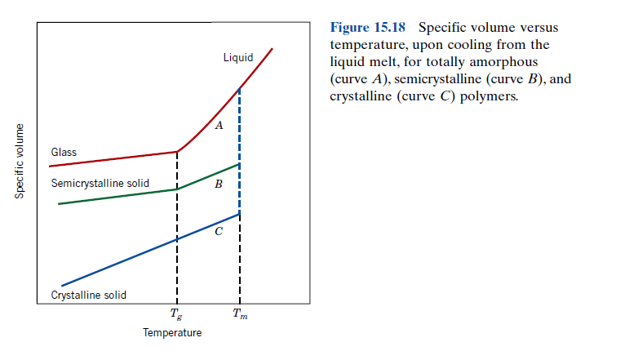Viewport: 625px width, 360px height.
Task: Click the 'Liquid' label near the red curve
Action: [x=237, y=58]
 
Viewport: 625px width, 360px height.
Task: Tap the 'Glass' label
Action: [x=64, y=153]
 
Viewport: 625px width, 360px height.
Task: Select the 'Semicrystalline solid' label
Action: [x=100, y=184]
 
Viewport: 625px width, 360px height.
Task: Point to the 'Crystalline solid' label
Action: [x=88, y=295]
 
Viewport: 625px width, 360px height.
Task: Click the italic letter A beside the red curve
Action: [x=218, y=126]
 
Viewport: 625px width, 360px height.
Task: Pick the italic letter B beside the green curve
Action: [x=217, y=184]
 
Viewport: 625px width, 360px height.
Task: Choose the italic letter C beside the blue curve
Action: [x=217, y=232]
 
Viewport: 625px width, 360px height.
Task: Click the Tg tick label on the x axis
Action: [x=176, y=314]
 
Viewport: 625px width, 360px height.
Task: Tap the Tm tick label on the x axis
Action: [x=240, y=314]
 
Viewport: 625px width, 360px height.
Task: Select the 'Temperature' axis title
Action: [x=172, y=333]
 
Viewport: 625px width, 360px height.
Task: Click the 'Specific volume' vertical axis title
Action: [x=19, y=159]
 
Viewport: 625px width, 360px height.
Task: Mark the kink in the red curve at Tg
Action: [x=177, y=151]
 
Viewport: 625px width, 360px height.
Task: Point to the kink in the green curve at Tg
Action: [x=177, y=189]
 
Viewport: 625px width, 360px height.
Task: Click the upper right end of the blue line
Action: [x=239, y=214]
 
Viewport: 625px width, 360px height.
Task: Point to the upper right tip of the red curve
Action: [x=272, y=48]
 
